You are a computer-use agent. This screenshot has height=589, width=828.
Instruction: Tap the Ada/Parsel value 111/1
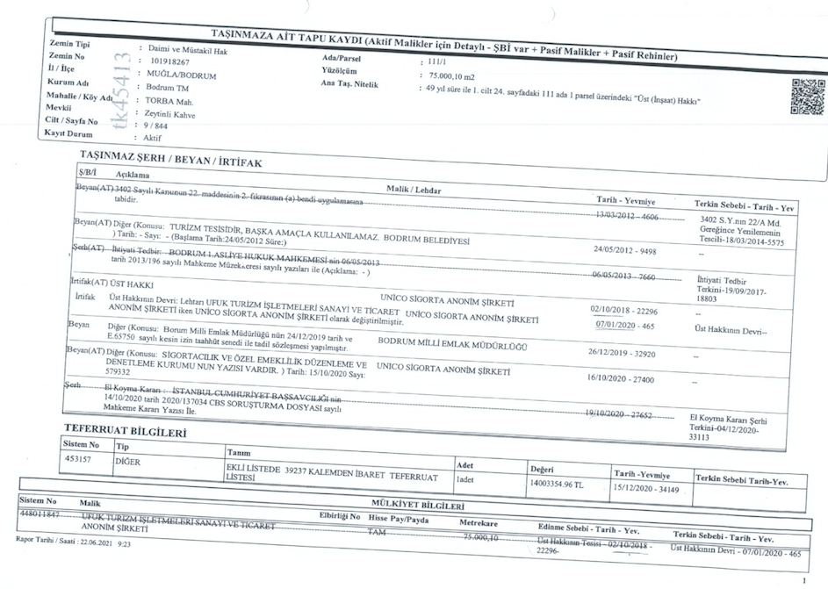(x=436, y=62)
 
